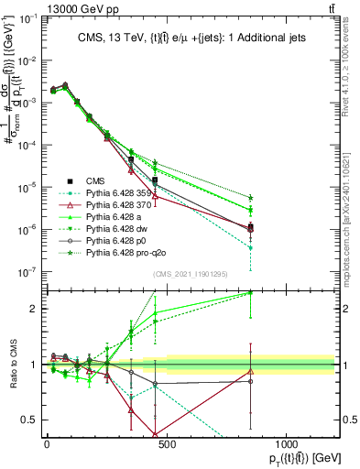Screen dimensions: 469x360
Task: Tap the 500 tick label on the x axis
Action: point(165,443)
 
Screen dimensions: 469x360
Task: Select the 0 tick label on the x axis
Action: point(47,443)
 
